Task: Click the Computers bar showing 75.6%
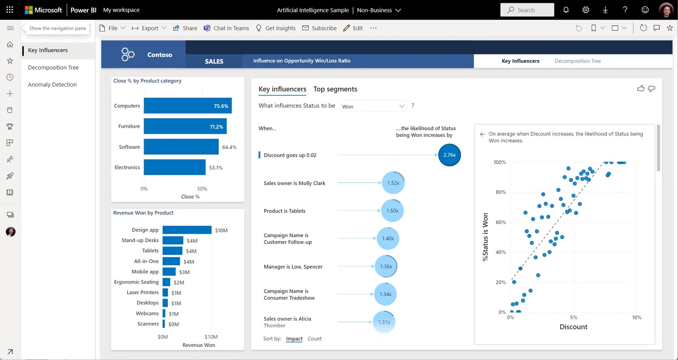pyautogui.click(x=187, y=106)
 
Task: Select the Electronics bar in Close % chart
pyautogui.click(x=174, y=167)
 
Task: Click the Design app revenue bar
pyautogui.click(x=186, y=230)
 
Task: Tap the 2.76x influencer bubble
pyautogui.click(x=449, y=155)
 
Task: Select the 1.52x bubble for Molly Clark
pyautogui.click(x=393, y=183)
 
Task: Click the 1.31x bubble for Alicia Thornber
pyautogui.click(x=384, y=322)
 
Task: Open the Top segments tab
pyautogui.click(x=335, y=89)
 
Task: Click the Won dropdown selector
pyautogui.click(x=373, y=106)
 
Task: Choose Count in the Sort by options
pyautogui.click(x=314, y=339)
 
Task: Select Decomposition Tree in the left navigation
pyautogui.click(x=53, y=67)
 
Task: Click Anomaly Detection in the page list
pyautogui.click(x=52, y=85)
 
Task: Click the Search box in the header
pyautogui.click(x=527, y=10)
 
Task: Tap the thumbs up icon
pyautogui.click(x=640, y=89)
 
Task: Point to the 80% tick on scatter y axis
pyautogui.click(x=500, y=192)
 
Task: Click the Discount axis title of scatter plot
pyautogui.click(x=573, y=327)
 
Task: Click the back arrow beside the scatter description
pyautogui.click(x=482, y=134)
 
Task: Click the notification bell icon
pyautogui.click(x=566, y=10)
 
